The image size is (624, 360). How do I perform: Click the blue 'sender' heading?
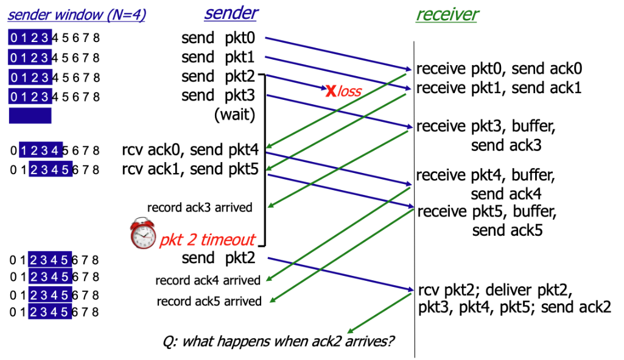[x=231, y=13]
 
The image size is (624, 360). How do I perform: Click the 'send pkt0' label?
[x=217, y=38]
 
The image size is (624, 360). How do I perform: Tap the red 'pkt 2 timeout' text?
[x=208, y=239]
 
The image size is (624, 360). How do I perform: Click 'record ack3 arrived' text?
[x=200, y=208]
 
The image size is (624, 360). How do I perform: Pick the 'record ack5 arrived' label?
[x=209, y=301]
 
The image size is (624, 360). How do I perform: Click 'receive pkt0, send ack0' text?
[x=499, y=68]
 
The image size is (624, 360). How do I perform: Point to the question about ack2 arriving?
[x=279, y=340]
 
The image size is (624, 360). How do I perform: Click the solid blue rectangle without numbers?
[x=30, y=116]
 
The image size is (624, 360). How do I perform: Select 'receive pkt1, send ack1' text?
[x=499, y=87]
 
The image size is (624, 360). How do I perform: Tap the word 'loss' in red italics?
[x=349, y=92]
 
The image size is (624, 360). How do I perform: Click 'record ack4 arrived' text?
[x=208, y=280]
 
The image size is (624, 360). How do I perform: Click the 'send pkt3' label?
[x=217, y=95]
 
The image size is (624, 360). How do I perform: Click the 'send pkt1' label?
[x=217, y=58]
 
